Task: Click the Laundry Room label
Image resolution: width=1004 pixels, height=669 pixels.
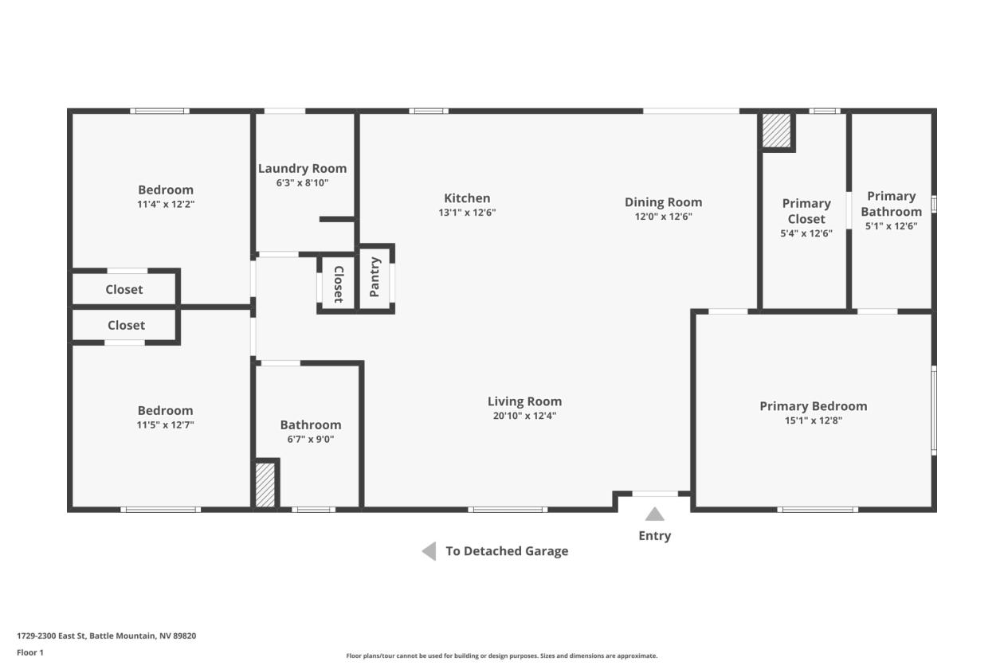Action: (x=302, y=169)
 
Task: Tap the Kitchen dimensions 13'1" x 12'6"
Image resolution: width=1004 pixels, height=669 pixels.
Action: (x=467, y=213)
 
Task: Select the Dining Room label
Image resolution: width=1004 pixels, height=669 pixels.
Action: (x=663, y=202)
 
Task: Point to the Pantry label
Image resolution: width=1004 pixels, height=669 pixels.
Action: (x=375, y=277)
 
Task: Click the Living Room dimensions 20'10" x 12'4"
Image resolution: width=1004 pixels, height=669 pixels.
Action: (x=524, y=416)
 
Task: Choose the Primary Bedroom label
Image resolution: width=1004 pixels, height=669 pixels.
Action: (x=813, y=406)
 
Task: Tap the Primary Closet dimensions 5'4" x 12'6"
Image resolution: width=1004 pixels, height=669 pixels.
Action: (x=806, y=233)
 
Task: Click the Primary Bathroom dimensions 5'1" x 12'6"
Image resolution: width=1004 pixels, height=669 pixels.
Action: (x=891, y=226)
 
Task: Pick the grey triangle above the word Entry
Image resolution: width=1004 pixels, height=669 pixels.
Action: (x=654, y=514)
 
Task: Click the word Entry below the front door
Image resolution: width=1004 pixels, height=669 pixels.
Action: (x=654, y=536)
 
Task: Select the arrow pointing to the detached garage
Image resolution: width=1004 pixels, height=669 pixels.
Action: (x=429, y=551)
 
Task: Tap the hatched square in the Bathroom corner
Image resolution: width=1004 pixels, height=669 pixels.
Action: (x=265, y=485)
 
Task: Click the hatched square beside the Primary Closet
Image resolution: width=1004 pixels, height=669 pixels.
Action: (x=776, y=130)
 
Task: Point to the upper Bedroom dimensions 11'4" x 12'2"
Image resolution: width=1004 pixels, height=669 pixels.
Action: (x=166, y=205)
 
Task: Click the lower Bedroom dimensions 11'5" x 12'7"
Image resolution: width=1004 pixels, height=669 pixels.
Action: (x=166, y=424)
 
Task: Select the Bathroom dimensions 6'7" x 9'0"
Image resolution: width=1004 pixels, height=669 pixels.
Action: (x=311, y=439)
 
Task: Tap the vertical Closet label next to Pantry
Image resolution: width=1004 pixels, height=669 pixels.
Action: (x=339, y=284)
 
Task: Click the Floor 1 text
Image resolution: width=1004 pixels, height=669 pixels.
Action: (x=30, y=652)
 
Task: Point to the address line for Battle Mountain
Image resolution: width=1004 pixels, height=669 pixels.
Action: (x=107, y=636)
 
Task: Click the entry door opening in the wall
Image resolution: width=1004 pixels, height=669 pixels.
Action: (x=655, y=494)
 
